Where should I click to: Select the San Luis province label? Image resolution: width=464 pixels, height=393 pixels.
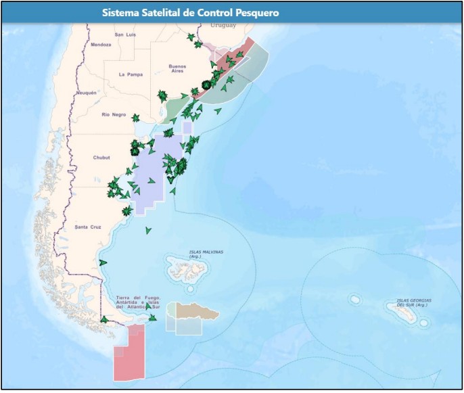pos(126,34)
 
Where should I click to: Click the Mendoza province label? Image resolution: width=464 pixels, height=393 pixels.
pos(100,45)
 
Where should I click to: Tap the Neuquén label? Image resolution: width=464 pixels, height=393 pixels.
pos(87,93)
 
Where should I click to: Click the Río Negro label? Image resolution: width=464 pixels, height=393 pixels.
pos(114,115)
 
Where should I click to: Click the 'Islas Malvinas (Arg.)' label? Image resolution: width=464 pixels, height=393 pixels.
pos(206,254)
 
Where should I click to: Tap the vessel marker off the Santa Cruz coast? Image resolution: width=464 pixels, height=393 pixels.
pos(103,262)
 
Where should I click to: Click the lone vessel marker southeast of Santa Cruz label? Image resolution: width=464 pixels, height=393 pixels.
pos(148,231)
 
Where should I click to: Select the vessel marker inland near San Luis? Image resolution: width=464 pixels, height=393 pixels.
pos(191,38)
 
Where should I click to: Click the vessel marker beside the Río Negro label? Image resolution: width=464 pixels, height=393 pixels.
pos(136,118)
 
